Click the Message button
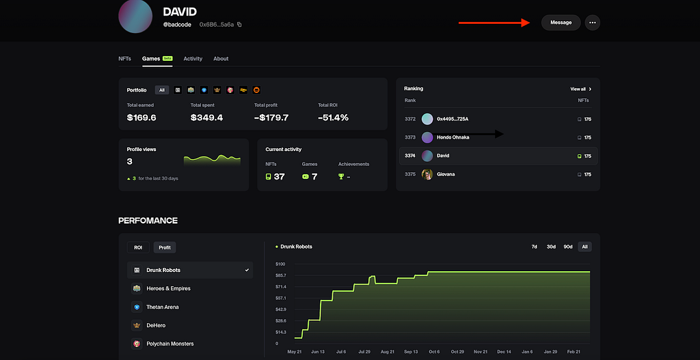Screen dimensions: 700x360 point(561,23)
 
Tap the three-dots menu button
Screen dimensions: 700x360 point(593,23)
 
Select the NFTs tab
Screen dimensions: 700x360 point(124,59)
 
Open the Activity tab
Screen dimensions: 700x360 point(193,59)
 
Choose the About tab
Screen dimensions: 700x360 point(221,59)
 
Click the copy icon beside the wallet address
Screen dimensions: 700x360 point(239,25)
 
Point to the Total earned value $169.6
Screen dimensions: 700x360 point(142,117)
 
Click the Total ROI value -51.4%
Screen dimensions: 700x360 point(333,117)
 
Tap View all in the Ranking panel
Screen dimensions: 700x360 point(580,89)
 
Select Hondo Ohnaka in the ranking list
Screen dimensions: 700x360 point(453,137)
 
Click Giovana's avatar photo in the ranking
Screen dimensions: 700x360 point(427,174)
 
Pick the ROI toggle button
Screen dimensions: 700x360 point(138,247)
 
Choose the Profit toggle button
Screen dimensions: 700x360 point(165,247)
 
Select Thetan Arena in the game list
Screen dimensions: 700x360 point(163,307)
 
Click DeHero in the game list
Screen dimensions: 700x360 point(156,325)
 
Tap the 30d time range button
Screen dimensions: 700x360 point(551,247)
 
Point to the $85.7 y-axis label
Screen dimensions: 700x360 point(280,275)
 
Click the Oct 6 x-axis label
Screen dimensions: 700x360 point(433,352)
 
